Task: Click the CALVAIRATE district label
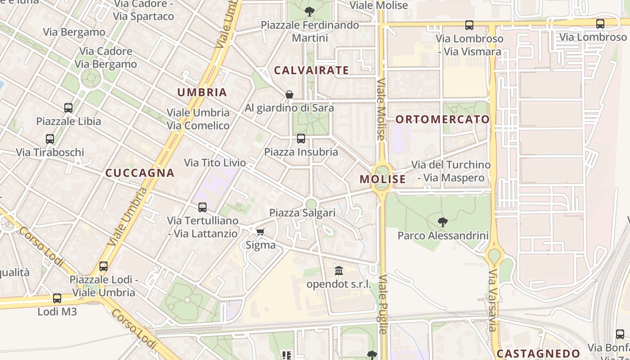tap(311, 70)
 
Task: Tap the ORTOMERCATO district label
tap(442, 119)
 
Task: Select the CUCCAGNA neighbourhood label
tap(139, 173)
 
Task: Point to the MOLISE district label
tap(382, 179)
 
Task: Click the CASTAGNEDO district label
tap(538, 353)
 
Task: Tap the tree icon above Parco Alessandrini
tap(443, 222)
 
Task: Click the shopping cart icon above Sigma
tap(260, 232)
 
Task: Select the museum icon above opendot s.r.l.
tap(339, 271)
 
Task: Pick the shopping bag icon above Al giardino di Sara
tap(289, 94)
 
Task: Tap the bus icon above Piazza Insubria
tap(301, 139)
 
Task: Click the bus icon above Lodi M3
tap(57, 298)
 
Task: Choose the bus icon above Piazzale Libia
tap(68, 108)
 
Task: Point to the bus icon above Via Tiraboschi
tap(50, 139)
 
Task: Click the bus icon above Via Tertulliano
tap(202, 207)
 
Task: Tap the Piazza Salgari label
tap(302, 213)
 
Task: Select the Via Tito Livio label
tap(215, 162)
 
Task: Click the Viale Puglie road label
tap(383, 304)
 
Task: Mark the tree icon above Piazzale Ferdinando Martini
tap(309, 12)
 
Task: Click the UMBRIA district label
tap(202, 93)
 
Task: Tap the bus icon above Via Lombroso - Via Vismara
tap(469, 25)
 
